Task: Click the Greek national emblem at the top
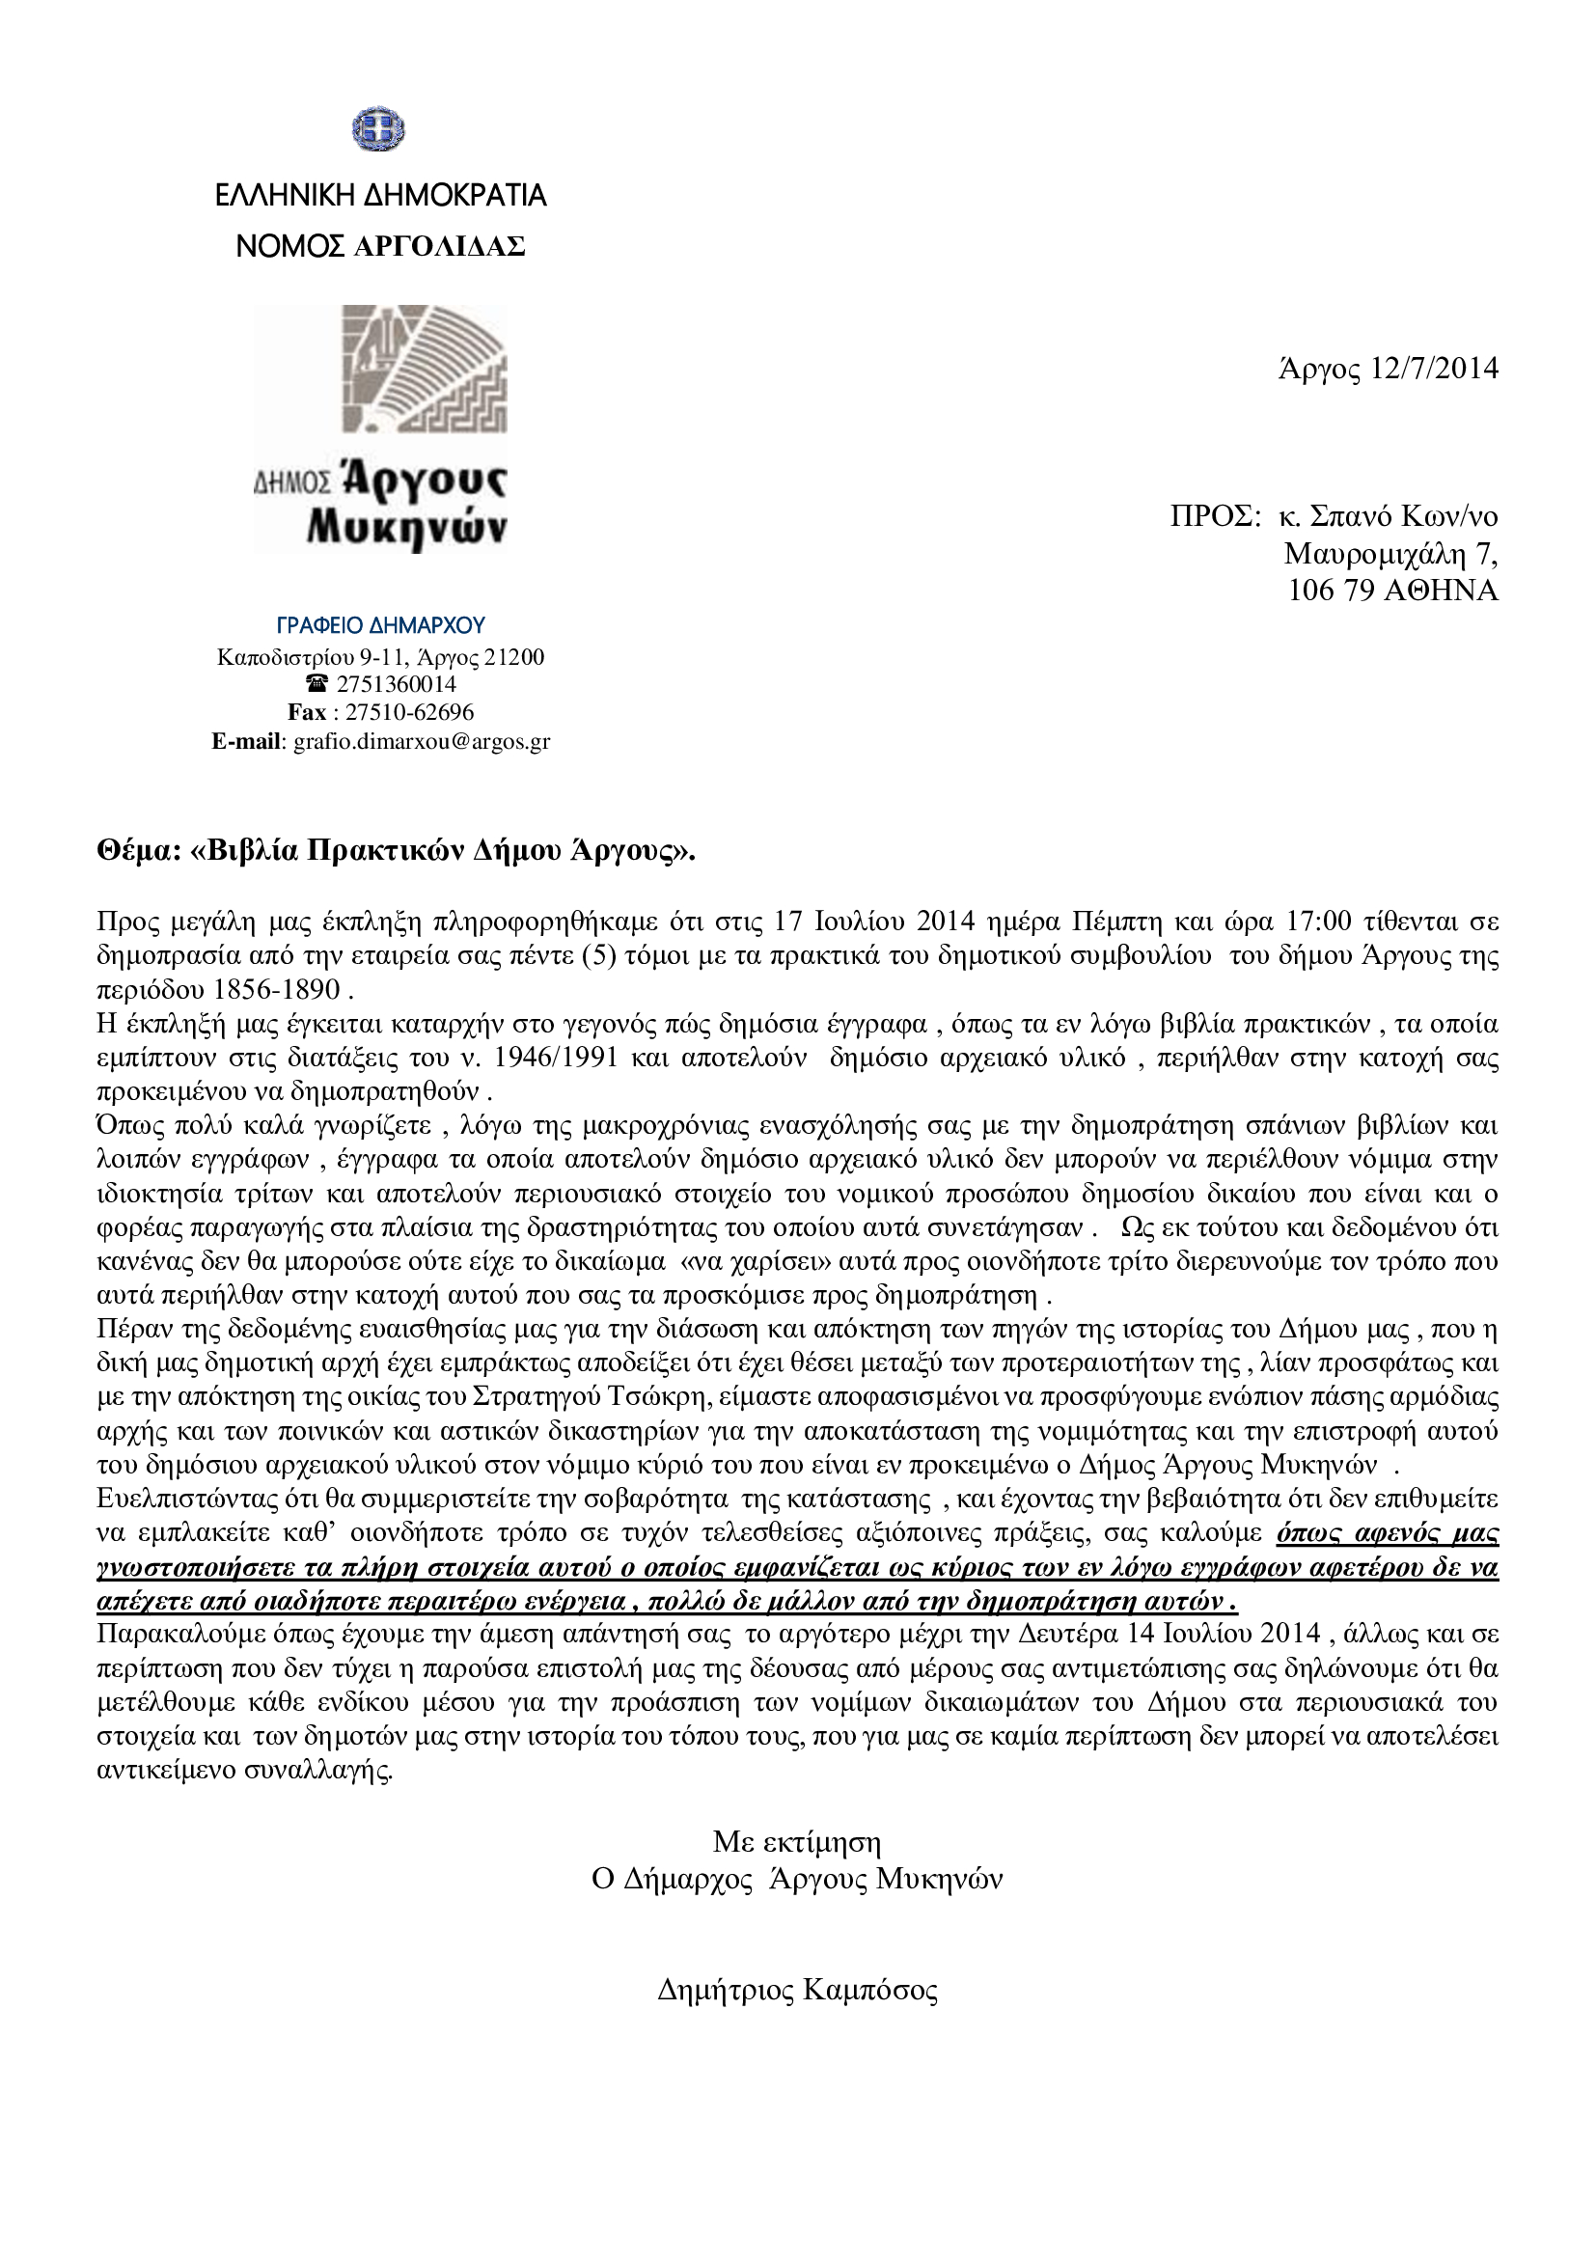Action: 378,129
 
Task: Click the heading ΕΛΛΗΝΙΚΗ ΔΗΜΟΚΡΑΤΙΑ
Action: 380,196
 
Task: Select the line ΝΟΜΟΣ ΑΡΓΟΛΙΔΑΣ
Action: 380,247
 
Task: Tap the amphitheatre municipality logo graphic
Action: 425,369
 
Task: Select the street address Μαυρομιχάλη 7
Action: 1390,555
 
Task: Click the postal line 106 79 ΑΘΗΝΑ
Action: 1392,591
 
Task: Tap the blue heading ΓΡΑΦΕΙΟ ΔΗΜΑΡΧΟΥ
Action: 380,626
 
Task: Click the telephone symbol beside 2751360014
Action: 316,684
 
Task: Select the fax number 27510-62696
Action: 409,713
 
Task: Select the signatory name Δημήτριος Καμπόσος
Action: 797,1991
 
